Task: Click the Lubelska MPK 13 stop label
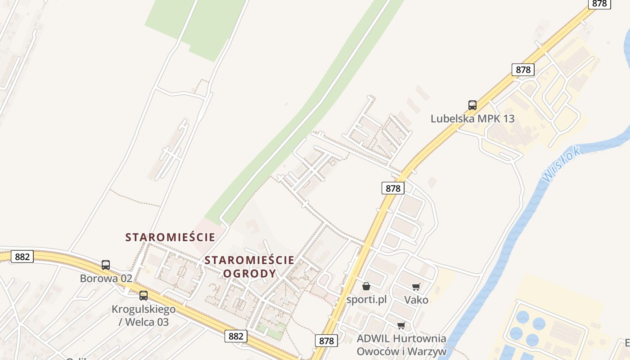[x=472, y=119]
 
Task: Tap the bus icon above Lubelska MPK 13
[x=472, y=105]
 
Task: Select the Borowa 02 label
[x=106, y=278]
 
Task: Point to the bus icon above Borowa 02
[x=106, y=265]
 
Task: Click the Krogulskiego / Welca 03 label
[x=144, y=315]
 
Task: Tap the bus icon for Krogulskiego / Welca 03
[x=144, y=296]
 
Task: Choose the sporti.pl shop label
[x=366, y=299]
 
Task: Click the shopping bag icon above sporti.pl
[x=366, y=286]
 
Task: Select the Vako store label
[x=416, y=300]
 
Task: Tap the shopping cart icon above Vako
[x=416, y=287]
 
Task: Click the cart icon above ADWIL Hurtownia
[x=401, y=325]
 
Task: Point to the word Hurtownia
[x=419, y=338]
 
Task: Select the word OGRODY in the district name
[x=249, y=273]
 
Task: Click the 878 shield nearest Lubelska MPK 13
[x=523, y=70]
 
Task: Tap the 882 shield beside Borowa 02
[x=22, y=256]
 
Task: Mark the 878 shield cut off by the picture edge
[x=599, y=4]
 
